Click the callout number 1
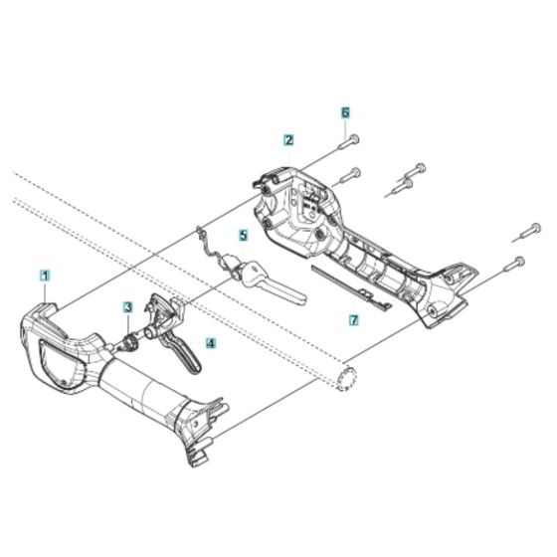45,273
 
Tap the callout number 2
287,140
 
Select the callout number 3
128,308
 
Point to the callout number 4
210,344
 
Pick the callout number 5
242,236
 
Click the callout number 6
346,113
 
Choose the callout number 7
352,320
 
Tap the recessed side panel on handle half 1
60,363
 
